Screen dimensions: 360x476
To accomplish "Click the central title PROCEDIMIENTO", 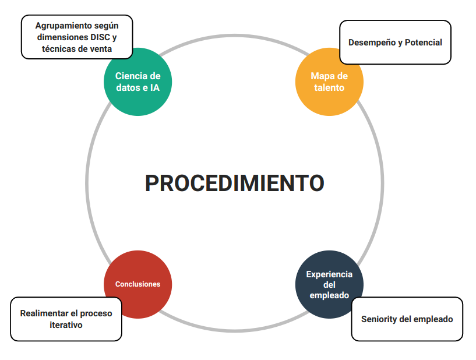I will click(x=234, y=183).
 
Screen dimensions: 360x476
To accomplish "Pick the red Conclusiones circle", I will click(x=137, y=284).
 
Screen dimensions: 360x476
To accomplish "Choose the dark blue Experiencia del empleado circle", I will click(x=329, y=284).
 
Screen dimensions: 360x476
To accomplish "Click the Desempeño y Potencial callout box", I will click(x=395, y=43).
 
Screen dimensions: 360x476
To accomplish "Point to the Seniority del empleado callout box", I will click(x=407, y=319).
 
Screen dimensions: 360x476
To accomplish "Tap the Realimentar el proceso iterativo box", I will click(x=66, y=319).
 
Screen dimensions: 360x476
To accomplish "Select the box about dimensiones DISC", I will click(x=77, y=37).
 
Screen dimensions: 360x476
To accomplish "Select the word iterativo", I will click(x=66, y=325).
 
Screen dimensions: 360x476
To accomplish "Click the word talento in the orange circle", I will click(x=329, y=88).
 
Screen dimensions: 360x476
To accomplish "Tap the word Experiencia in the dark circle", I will click(x=329, y=274).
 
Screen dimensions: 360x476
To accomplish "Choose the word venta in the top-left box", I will click(x=100, y=50).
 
